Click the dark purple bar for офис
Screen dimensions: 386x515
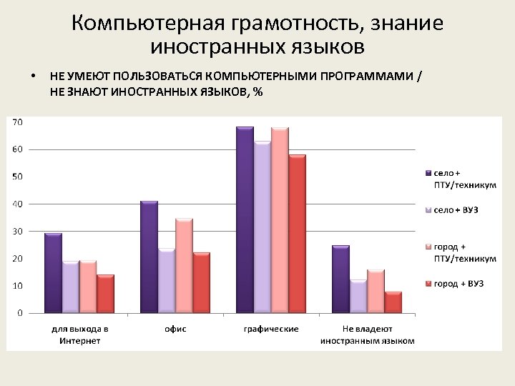[149, 257]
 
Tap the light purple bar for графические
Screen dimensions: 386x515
[263, 228]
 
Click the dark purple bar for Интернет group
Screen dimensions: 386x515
[53, 273]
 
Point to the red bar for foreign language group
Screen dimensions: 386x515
[393, 302]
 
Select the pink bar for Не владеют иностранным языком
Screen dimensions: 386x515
[376, 292]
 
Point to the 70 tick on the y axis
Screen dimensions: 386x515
[17, 122]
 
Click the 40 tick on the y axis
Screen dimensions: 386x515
[17, 204]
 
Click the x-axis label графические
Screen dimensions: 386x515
[271, 329]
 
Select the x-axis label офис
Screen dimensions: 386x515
[175, 329]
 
